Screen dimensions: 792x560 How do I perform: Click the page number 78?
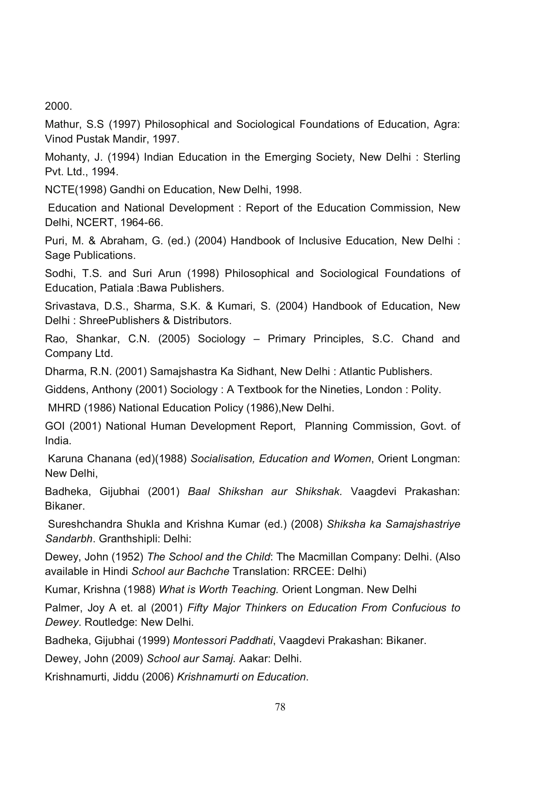(280, 707)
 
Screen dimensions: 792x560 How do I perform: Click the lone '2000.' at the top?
(58, 106)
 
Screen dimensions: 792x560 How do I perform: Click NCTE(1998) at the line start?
(76, 190)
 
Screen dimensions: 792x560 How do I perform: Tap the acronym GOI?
(55, 426)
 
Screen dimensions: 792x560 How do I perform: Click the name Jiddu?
(126, 677)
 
